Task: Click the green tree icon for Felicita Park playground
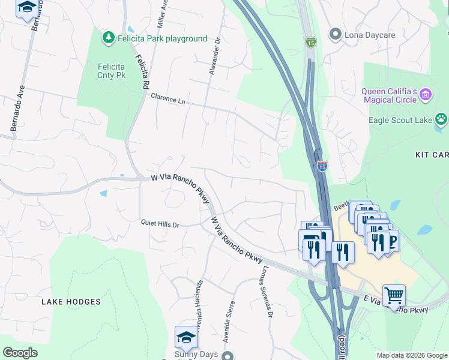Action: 109,38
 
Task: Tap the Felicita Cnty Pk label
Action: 111,71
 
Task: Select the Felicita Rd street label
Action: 142,73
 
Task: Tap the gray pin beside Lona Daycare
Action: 336,35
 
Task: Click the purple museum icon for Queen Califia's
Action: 426,94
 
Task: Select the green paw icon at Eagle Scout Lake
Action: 441,119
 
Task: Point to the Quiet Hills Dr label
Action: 160,224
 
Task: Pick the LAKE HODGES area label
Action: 71,302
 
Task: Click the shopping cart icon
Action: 394,295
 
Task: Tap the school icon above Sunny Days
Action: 187,337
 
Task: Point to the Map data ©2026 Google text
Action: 411,355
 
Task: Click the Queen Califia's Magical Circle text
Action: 389,95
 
